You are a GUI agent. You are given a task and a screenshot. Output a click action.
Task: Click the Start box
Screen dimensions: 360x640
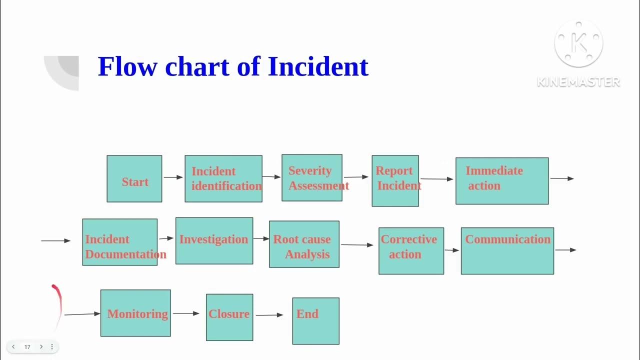(134, 179)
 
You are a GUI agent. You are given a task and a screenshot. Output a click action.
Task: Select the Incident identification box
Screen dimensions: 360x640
(223, 178)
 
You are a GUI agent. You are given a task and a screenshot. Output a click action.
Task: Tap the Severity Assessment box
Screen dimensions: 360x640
(312, 178)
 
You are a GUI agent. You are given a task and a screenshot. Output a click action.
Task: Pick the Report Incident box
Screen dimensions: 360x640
(395, 180)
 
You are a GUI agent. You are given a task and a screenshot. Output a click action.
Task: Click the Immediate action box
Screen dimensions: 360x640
(502, 181)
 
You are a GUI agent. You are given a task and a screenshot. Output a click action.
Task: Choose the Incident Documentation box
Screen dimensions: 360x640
(120, 242)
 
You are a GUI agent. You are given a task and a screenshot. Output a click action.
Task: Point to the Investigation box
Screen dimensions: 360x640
(214, 240)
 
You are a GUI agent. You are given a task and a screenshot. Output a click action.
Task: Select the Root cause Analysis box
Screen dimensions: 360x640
(304, 244)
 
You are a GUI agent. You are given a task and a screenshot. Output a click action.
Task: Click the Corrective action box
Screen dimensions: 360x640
(411, 251)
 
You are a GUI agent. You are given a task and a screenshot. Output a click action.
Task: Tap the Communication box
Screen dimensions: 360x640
(507, 251)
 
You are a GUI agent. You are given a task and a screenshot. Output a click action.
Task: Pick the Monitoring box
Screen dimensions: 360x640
(135, 313)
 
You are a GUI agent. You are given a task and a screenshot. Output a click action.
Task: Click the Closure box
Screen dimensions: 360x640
(229, 317)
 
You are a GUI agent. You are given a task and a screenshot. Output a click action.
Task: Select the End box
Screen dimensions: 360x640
(315, 321)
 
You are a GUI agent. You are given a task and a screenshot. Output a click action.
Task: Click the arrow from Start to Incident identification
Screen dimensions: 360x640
(173, 177)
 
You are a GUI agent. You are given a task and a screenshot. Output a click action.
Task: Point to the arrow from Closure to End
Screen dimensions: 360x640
(269, 315)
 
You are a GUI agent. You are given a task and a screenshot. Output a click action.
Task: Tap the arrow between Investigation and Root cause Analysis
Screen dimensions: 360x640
(261, 238)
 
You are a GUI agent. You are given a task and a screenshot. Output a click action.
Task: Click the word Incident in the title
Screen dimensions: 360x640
(318, 66)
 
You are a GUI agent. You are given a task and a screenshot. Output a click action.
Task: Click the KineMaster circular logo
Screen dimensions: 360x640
(578, 44)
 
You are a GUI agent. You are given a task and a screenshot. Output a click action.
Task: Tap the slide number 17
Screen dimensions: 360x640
(27, 347)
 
